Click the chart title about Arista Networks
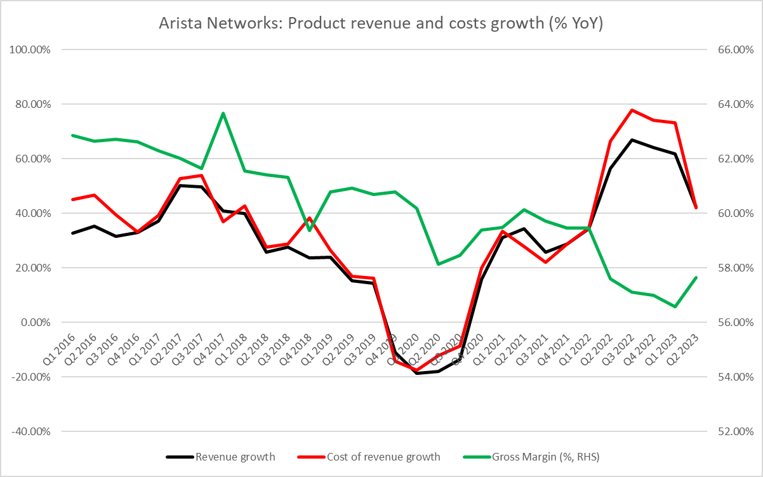coord(381,24)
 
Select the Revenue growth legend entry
coord(236,456)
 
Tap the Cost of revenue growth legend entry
coord(383,456)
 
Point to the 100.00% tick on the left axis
coord(29,49)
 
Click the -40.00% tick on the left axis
coord(29,431)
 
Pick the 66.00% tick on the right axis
coord(734,49)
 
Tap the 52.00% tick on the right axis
coord(734,431)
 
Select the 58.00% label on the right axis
coord(734,268)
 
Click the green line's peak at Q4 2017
coord(223,113)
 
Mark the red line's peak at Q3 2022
coord(632,110)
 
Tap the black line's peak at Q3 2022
coord(632,140)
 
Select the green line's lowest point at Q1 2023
coord(675,307)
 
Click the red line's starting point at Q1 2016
coord(72,199)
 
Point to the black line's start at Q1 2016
coord(72,233)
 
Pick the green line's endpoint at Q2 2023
coord(696,277)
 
